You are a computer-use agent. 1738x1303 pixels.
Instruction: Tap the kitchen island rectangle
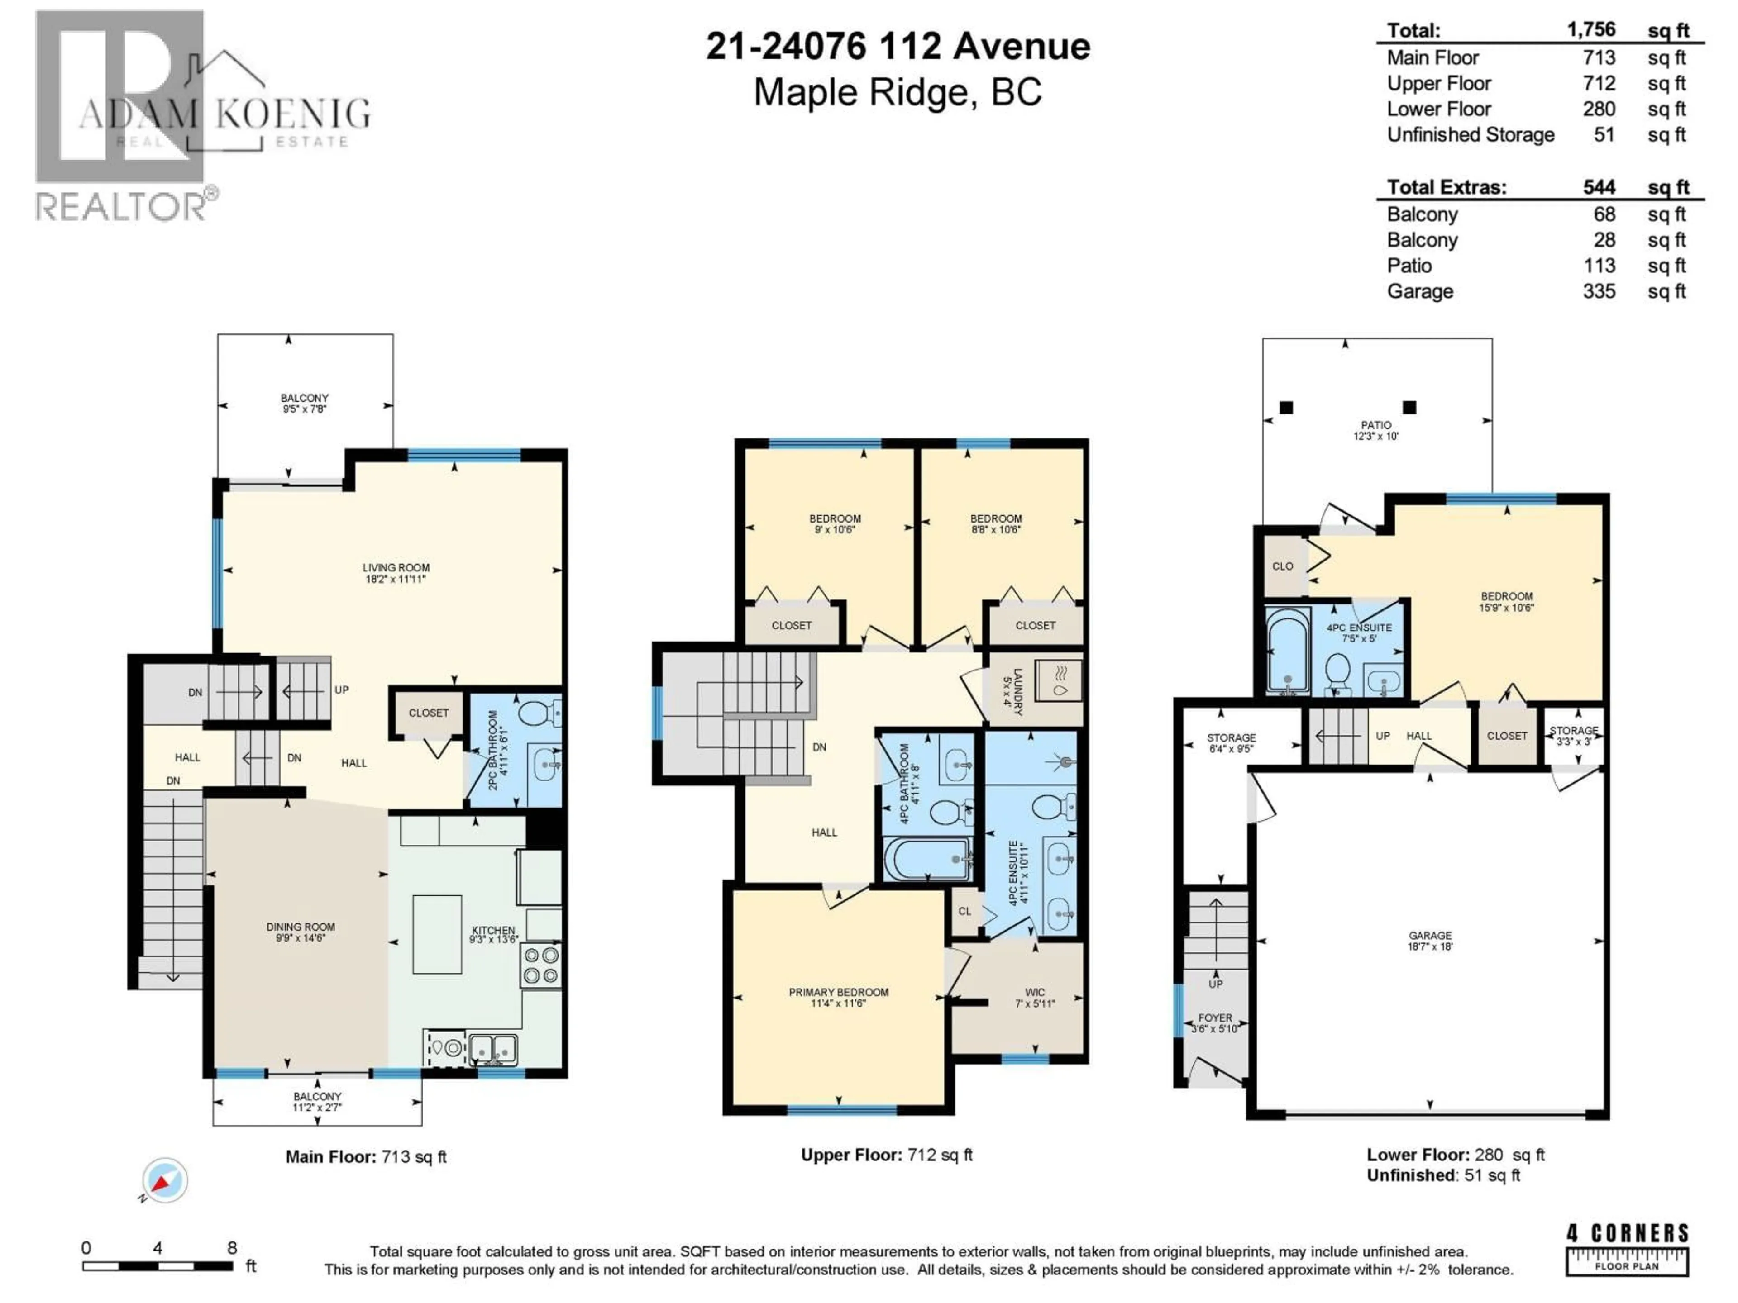[x=437, y=934]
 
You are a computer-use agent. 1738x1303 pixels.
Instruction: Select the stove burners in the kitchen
[x=540, y=965]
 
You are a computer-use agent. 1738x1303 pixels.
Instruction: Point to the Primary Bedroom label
[x=838, y=992]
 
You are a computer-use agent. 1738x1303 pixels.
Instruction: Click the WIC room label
[x=1035, y=992]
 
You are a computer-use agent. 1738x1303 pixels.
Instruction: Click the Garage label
[x=1430, y=936]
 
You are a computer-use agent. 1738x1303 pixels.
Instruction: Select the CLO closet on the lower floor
[x=1282, y=566]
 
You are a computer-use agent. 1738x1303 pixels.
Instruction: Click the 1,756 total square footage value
[x=1591, y=30]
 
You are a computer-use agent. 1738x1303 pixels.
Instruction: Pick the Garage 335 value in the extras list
[x=1599, y=291]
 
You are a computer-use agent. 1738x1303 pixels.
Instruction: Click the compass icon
[x=164, y=1180]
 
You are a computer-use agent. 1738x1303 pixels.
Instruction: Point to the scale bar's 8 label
[x=232, y=1248]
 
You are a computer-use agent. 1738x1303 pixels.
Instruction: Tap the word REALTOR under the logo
[x=120, y=207]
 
